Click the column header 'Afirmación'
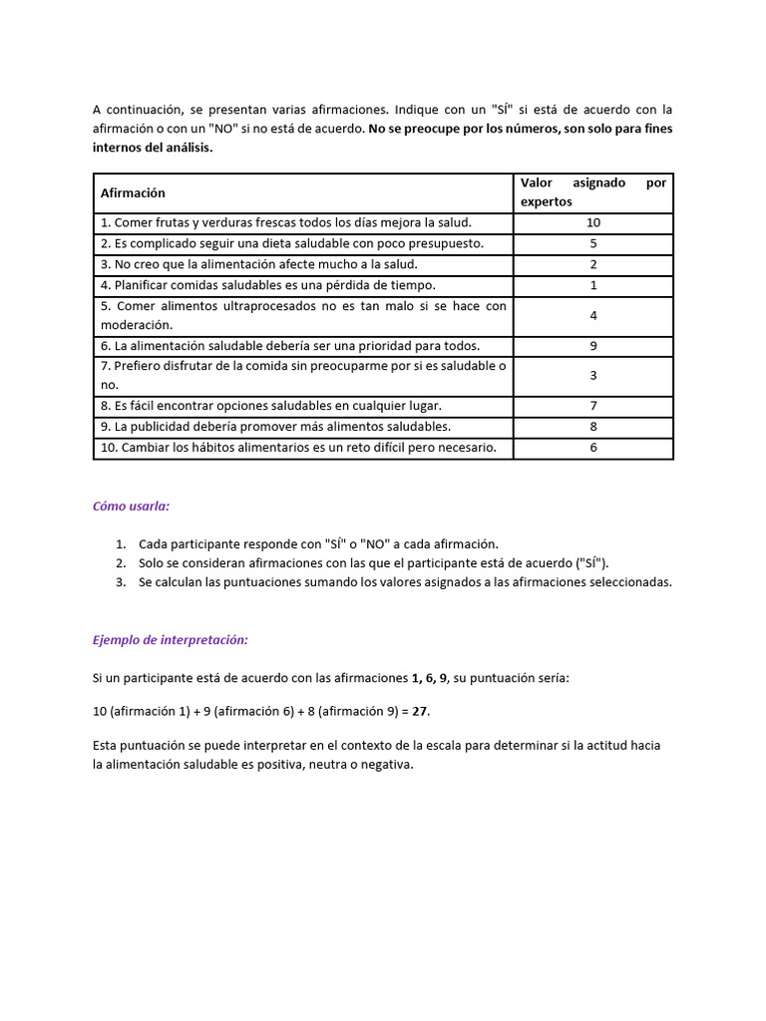[x=133, y=193]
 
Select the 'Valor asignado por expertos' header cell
[x=593, y=192]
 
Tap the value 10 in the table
[x=593, y=223]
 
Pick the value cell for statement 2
[x=593, y=243]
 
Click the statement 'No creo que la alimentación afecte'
[x=258, y=264]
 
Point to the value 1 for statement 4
[x=593, y=285]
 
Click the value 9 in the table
[x=593, y=346]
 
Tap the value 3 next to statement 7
[x=593, y=376]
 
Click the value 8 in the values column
[x=593, y=427]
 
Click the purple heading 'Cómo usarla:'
[x=131, y=506]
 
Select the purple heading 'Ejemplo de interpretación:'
[x=170, y=640]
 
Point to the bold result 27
[x=422, y=712]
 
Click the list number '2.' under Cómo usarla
[x=120, y=563]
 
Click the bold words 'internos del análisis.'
[x=153, y=147]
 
